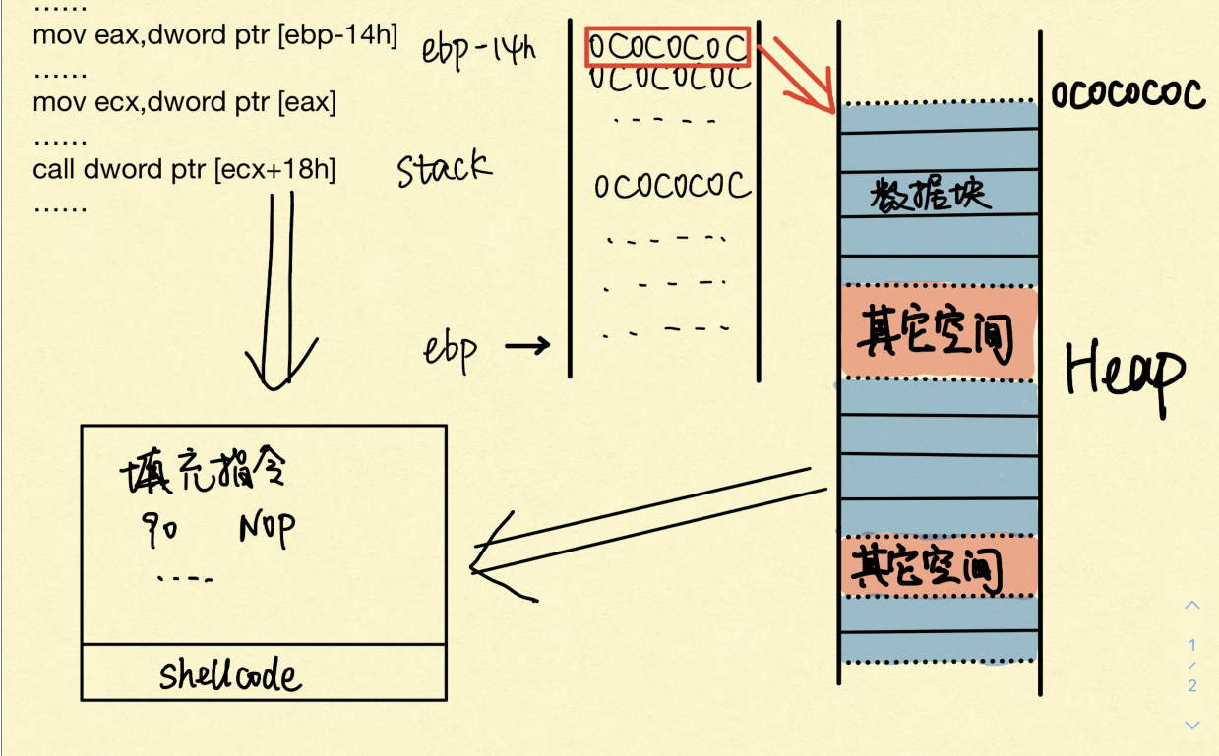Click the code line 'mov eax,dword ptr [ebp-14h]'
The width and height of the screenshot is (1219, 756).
coord(214,35)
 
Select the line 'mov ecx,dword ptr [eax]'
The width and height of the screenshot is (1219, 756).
coord(184,102)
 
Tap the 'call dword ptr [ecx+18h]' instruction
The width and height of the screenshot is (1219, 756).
coord(184,170)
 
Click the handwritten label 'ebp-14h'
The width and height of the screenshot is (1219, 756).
coord(478,49)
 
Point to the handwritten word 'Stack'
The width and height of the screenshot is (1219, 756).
coord(444,170)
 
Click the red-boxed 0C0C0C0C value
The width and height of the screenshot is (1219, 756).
coord(668,46)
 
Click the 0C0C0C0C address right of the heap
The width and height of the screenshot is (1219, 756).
coord(1128,94)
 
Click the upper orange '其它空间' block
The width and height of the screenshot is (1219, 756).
coord(938,332)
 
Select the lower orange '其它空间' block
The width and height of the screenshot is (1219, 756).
coord(938,566)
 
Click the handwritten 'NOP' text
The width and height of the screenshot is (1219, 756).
coord(266,530)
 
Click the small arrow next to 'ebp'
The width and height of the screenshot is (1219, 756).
coord(527,346)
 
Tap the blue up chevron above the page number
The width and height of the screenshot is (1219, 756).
coord(1192,605)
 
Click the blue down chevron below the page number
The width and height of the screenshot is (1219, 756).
coord(1192,725)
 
